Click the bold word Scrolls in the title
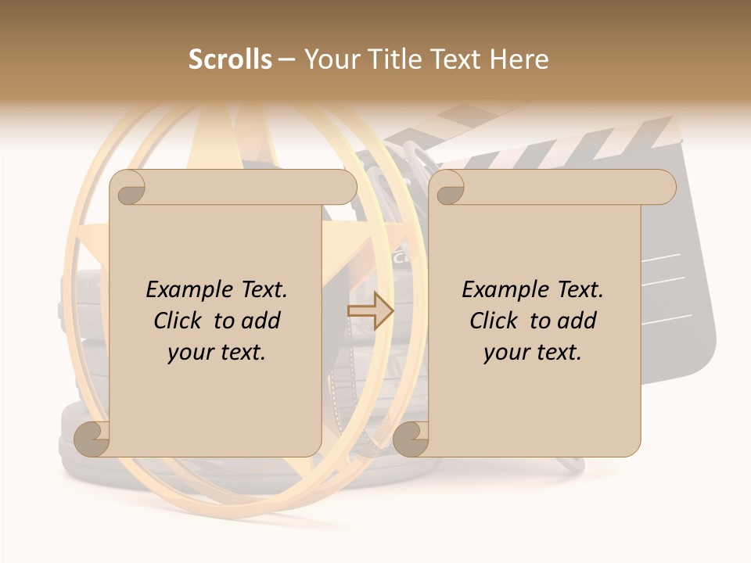[x=230, y=59]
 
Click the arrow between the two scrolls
[x=370, y=311]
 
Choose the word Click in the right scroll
[x=494, y=321]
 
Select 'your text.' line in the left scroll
[x=217, y=353]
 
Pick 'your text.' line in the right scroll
[x=533, y=353]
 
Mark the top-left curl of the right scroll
[x=447, y=188]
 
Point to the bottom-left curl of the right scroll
[x=411, y=439]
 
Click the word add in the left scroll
[x=261, y=321]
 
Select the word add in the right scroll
[x=577, y=321]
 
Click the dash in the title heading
[x=287, y=59]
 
